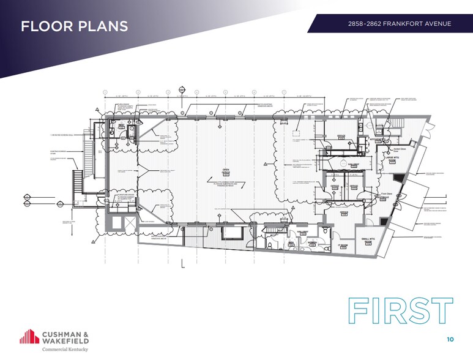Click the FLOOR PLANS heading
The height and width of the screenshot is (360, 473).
pos(74,26)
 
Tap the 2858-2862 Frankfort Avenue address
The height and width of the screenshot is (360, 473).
pos(398,24)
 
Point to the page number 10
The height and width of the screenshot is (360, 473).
pos(450,339)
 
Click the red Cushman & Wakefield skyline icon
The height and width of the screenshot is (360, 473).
pos(29,336)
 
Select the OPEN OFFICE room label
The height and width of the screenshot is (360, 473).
pos(225,171)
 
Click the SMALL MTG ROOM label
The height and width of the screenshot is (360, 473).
pos(368,240)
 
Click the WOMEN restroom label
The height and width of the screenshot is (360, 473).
pos(313,243)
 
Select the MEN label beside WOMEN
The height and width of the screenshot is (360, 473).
pos(292,243)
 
